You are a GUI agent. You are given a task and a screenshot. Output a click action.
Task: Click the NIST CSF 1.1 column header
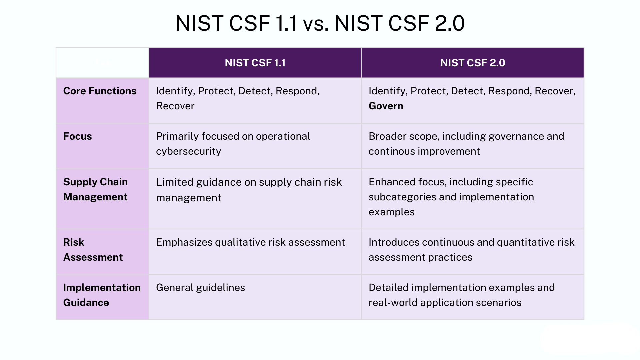point(255,63)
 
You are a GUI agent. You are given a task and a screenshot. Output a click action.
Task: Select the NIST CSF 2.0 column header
point(472,63)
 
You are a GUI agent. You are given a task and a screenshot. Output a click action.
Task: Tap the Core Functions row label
point(100,91)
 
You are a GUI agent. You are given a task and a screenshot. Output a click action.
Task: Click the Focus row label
point(77,136)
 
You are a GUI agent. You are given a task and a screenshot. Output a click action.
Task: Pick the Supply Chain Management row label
point(95,189)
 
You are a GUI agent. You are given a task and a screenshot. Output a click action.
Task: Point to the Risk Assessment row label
point(93,250)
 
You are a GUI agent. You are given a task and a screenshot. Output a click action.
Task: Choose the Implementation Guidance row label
point(102,295)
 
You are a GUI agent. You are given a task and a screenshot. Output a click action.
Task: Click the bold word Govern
point(386,106)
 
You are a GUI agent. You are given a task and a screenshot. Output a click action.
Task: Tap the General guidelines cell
point(200,288)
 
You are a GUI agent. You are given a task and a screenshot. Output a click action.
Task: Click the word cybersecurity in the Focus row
point(188,151)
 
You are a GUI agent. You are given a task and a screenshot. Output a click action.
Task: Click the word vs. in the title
point(315,24)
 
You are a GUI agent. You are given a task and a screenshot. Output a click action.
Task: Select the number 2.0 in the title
point(450,24)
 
